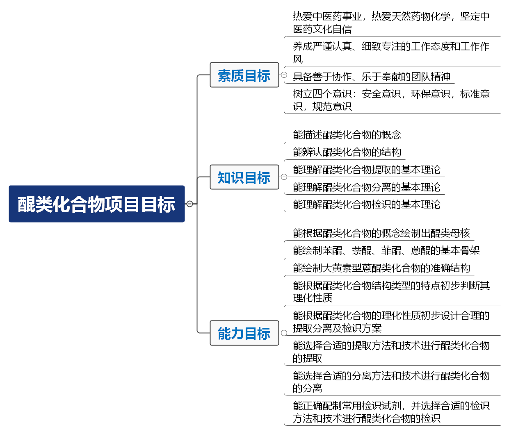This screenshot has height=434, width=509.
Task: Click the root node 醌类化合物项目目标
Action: [97, 204]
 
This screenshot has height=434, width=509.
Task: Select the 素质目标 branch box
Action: [244, 75]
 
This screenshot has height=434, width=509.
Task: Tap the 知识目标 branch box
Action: [244, 177]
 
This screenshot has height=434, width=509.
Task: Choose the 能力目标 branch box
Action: [244, 333]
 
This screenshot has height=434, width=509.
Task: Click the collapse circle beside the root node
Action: [189, 204]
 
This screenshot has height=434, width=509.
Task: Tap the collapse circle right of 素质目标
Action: [284, 75]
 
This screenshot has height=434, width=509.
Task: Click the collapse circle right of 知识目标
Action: [284, 177]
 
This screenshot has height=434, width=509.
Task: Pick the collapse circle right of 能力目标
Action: [284, 333]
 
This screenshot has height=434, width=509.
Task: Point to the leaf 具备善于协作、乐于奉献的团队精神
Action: [372, 77]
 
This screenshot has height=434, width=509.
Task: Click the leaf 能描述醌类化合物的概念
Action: [347, 135]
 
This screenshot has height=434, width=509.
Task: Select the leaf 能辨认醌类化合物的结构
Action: [347, 152]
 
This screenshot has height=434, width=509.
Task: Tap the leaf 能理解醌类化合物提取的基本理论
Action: [367, 170]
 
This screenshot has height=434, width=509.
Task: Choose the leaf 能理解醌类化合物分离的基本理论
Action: [367, 187]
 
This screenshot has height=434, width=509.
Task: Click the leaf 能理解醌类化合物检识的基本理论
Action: [367, 205]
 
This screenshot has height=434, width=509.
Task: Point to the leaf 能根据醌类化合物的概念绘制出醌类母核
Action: [381, 233]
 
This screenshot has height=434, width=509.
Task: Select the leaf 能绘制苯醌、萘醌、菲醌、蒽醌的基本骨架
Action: [386, 250]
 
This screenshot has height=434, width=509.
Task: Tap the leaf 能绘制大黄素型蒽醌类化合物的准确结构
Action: [381, 268]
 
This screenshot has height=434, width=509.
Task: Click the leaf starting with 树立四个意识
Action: [391, 100]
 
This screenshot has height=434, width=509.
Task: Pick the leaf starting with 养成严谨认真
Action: [391, 52]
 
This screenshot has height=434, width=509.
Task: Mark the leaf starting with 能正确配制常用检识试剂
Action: [391, 412]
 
